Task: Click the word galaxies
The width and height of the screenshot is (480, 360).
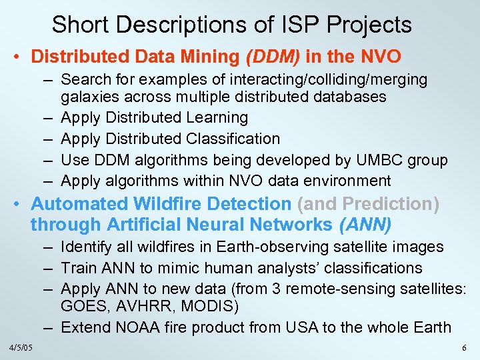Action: [x=91, y=97]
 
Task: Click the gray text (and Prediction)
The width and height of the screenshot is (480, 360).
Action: [x=369, y=204]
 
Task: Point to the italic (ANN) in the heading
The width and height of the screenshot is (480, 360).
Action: [x=365, y=224]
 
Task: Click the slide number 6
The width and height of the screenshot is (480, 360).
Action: [x=465, y=349]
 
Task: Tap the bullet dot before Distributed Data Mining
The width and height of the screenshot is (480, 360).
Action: [x=21, y=57]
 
